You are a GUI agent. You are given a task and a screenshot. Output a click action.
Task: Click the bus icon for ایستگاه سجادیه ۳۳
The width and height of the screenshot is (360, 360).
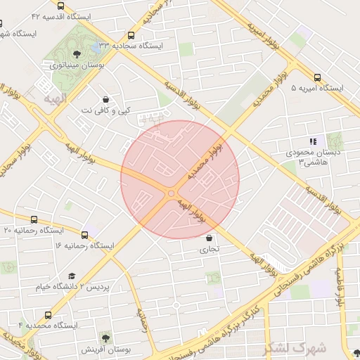(x=131, y=35)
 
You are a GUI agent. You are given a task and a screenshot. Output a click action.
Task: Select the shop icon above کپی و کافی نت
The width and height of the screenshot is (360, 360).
(x=105, y=99)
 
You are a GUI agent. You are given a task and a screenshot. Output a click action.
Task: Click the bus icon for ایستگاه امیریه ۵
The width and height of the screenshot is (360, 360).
(x=317, y=78)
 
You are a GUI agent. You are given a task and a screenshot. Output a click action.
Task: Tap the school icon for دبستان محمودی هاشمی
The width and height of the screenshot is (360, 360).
(x=313, y=141)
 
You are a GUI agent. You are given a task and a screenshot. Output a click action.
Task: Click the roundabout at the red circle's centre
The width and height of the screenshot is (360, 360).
(x=172, y=193)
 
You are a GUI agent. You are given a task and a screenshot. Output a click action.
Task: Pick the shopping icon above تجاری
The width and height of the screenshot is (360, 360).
(x=210, y=237)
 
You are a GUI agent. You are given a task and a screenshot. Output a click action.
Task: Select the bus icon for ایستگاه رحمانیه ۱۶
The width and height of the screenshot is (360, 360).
(x=85, y=235)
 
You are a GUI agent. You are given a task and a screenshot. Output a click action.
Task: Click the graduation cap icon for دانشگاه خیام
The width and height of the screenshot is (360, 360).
(x=71, y=276)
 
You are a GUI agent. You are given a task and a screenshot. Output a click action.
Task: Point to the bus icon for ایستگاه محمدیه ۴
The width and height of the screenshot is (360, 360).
(x=48, y=316)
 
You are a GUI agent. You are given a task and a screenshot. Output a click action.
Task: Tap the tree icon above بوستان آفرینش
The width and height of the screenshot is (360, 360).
(x=105, y=338)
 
